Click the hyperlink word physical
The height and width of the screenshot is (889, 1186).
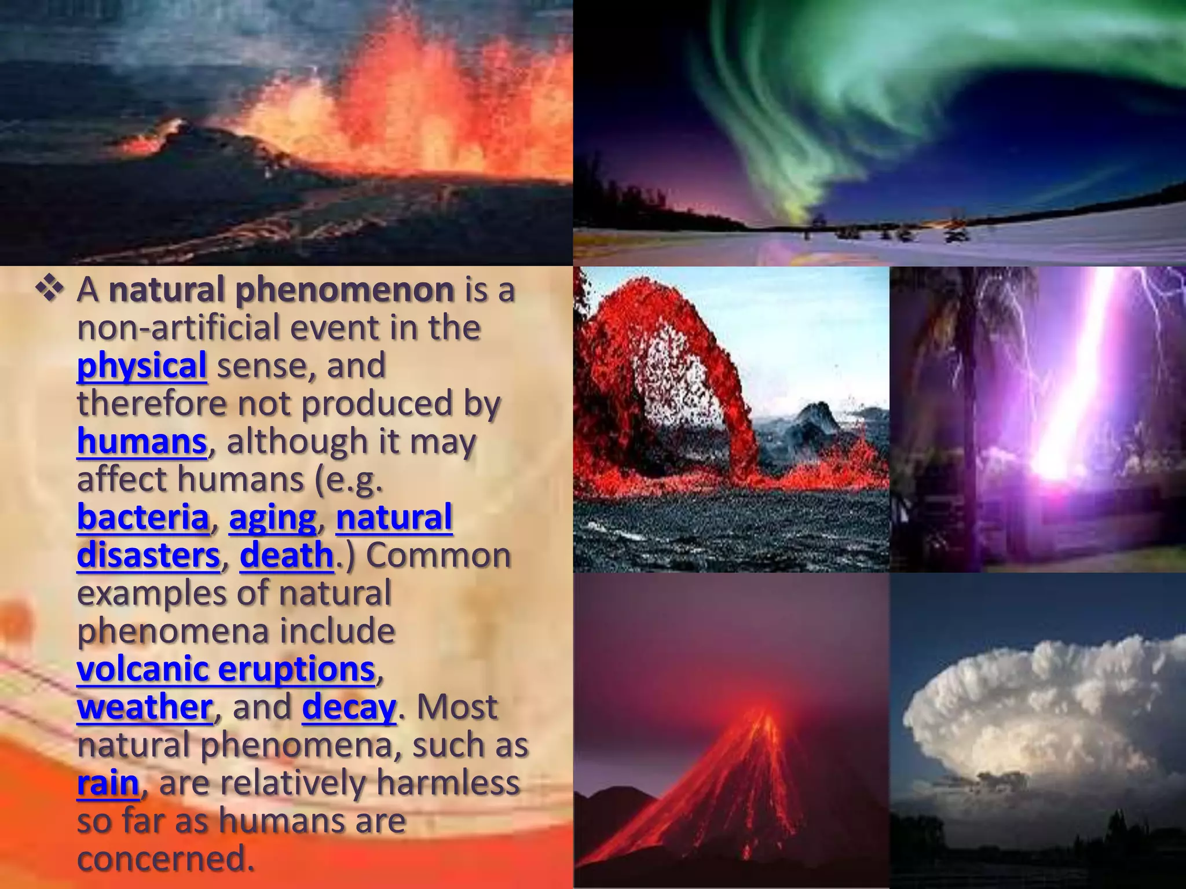tap(141, 366)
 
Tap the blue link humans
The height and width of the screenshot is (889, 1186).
tap(141, 442)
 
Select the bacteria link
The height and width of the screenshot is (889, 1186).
tap(142, 517)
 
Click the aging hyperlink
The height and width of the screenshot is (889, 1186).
tap(272, 517)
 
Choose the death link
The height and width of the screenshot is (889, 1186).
tap(287, 555)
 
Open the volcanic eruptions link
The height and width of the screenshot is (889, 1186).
tap(226, 669)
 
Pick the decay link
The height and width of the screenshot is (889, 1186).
tap(349, 707)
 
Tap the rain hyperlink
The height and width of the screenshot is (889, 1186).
tap(108, 783)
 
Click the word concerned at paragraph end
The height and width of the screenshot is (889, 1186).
tap(166, 859)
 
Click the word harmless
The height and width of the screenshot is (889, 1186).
tap(448, 783)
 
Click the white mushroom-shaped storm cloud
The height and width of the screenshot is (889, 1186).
tap(1042, 712)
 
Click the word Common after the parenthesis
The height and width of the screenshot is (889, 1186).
tap(438, 555)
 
